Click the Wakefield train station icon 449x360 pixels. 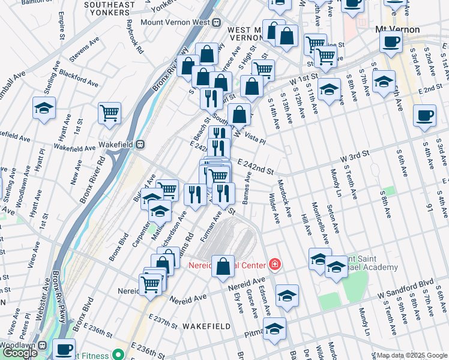pyautogui.click(x=139, y=144)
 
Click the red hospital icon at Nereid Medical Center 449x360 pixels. pyautogui.click(x=275, y=264)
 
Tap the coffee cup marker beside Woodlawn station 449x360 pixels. pyautogui.click(x=64, y=348)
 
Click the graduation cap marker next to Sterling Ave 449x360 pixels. pyautogui.click(x=44, y=108)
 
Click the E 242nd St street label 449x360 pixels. pyautogui.click(x=255, y=163)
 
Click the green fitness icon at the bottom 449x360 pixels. pyautogui.click(x=119, y=354)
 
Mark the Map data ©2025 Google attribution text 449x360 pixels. pyautogui.click(x=411, y=355)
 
